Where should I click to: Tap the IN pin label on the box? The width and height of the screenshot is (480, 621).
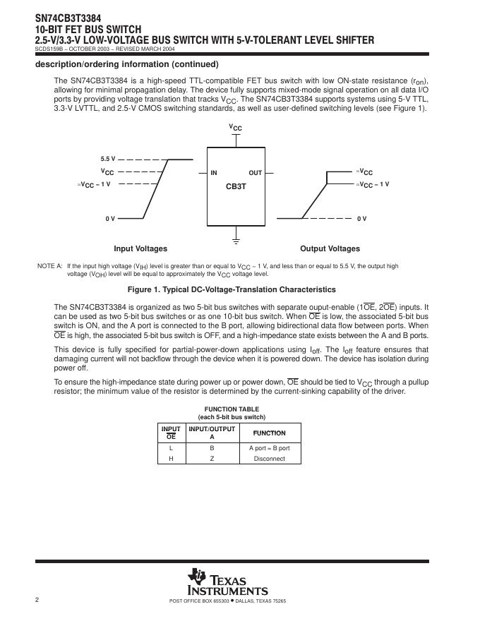pyautogui.click(x=213, y=173)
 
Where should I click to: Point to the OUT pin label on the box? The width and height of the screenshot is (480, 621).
pyautogui.click(x=255, y=173)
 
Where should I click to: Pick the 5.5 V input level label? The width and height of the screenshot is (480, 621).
pyautogui.click(x=107, y=159)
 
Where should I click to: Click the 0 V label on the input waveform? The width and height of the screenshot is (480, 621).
pyautogui.click(x=110, y=219)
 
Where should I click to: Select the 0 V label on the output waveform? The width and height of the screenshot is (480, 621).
pyautogui.click(x=361, y=219)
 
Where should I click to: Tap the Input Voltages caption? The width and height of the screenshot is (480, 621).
pyautogui.click(x=140, y=248)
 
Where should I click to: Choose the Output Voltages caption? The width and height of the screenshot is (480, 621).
pyautogui.click(x=330, y=248)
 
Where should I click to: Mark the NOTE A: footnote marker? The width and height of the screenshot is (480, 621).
pyautogui.click(x=49, y=266)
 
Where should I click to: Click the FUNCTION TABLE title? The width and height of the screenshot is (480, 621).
pyautogui.click(x=232, y=409)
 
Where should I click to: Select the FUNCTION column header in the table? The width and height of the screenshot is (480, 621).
pyautogui.click(x=269, y=433)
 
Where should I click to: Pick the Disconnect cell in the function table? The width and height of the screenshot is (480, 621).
pyautogui.click(x=269, y=459)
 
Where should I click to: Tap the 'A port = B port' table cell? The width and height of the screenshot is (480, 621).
pyautogui.click(x=269, y=448)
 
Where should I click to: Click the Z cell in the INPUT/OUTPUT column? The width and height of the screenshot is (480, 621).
pyautogui.click(x=212, y=459)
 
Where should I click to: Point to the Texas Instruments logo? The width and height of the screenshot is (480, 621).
pyautogui.click(x=227, y=582)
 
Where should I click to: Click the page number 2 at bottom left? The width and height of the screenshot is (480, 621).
pyautogui.click(x=36, y=600)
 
